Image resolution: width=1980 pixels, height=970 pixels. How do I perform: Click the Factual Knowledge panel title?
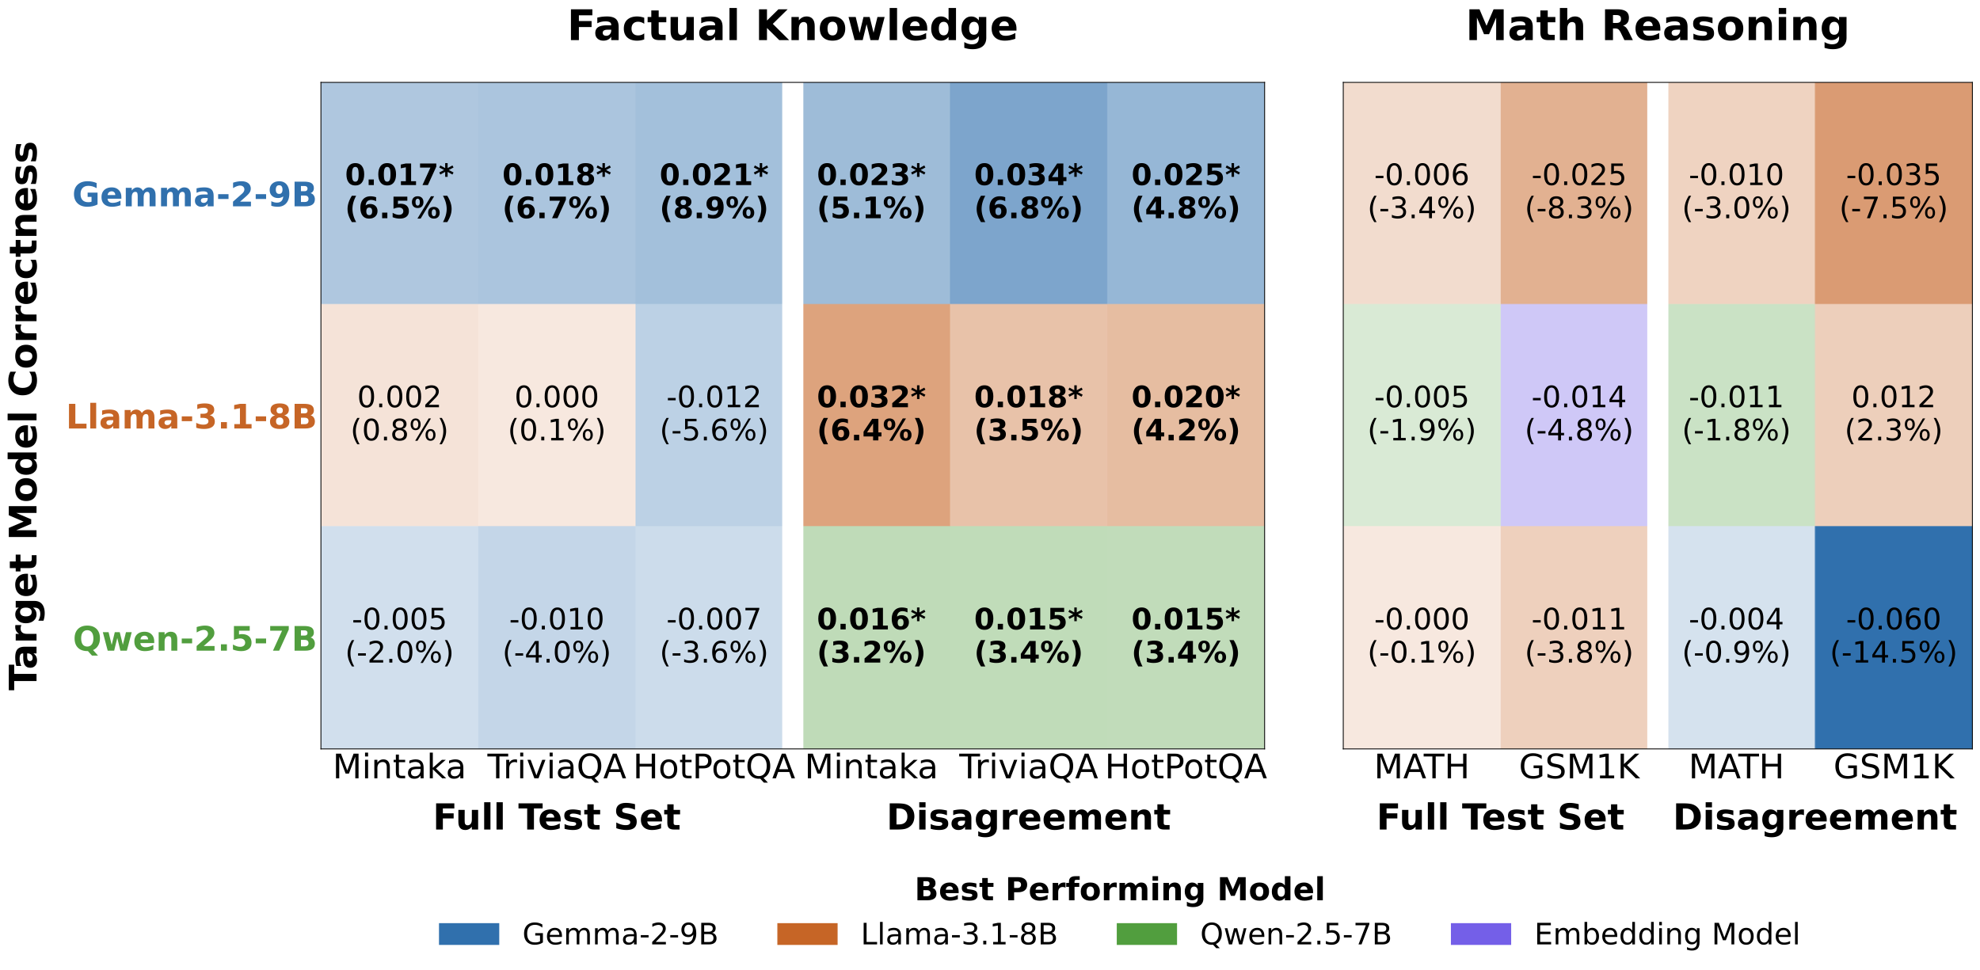[x=792, y=26]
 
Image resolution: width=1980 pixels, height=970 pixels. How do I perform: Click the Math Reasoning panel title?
[x=1657, y=26]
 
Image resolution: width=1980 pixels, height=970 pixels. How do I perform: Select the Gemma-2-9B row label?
[x=194, y=195]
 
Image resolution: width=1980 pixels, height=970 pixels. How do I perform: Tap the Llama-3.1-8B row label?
[x=191, y=417]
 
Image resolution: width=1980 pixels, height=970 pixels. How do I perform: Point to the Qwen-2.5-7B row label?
[x=194, y=639]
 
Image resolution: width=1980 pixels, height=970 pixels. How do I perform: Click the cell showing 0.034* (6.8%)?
[x=1028, y=192]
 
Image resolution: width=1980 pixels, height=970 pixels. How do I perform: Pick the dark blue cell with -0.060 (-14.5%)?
[x=1893, y=637]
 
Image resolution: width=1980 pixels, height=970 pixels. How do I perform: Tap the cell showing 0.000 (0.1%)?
[x=556, y=414]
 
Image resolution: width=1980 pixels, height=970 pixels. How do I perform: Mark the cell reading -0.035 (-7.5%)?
[x=1893, y=192]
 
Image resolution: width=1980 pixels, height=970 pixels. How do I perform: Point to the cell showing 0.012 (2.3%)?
[x=1893, y=414]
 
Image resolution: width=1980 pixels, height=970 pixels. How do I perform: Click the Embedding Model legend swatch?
[x=1480, y=934]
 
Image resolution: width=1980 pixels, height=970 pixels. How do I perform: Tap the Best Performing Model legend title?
[x=1119, y=890]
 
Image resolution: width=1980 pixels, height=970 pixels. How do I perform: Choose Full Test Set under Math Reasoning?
[x=1500, y=817]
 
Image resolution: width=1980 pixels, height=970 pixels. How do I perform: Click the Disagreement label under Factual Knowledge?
[x=1028, y=817]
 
